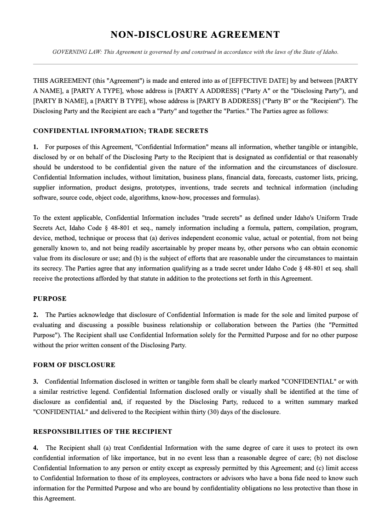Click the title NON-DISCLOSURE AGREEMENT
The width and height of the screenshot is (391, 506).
(x=195, y=35)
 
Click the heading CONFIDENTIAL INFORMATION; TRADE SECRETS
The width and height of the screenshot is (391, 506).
(x=121, y=131)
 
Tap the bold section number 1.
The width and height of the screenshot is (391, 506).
(x=35, y=147)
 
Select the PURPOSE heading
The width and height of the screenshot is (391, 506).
(x=50, y=299)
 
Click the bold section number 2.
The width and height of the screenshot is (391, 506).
(x=35, y=315)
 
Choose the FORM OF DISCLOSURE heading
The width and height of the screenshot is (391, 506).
(x=74, y=365)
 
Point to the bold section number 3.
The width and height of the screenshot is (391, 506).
(x=35, y=382)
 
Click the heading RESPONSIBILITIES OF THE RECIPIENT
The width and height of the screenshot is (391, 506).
(x=103, y=432)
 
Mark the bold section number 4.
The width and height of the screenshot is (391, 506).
(x=35, y=448)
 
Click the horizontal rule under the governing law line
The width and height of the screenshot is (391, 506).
(x=195, y=64)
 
